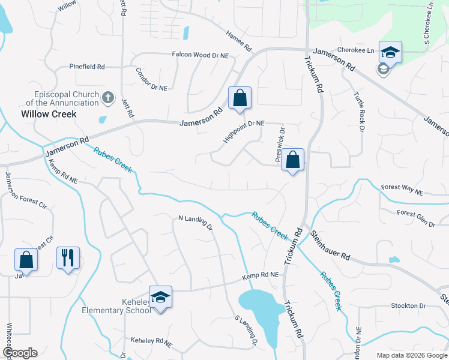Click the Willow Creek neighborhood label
49,113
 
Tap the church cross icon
108,97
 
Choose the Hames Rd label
239,41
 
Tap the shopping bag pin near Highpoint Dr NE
240,98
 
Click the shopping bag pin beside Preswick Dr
292,160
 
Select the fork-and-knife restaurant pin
68,258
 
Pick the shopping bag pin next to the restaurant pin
26,260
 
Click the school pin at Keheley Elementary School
160,298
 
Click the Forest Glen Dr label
416,218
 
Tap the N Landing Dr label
196,223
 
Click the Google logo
20,353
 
